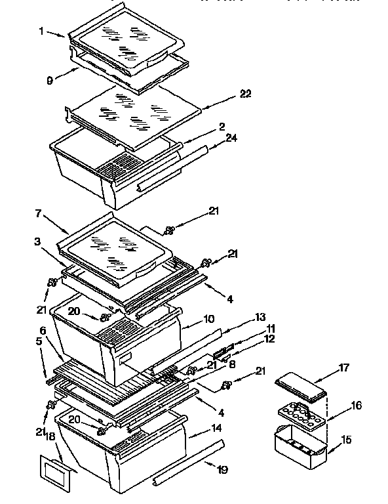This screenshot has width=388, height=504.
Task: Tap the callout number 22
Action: (246, 94)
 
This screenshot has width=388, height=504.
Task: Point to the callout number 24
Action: (231, 138)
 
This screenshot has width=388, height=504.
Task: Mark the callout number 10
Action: (209, 320)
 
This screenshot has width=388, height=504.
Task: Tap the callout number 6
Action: (43, 330)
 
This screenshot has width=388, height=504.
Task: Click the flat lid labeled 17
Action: (300, 389)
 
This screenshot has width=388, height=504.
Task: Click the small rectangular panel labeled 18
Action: (54, 471)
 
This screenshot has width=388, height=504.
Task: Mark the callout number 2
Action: (222, 126)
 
